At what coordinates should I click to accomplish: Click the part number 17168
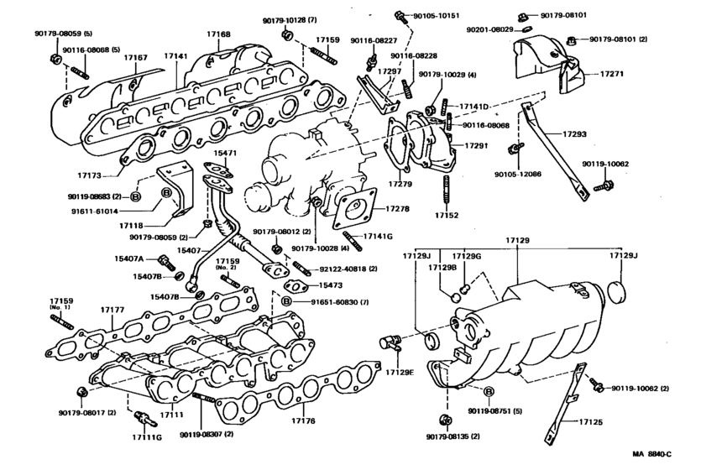pyautogui.click(x=218, y=34)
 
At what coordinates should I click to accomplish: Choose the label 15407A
pyautogui.click(x=128, y=258)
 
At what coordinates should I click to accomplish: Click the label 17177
pyautogui.click(x=112, y=310)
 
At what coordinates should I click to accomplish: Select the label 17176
pyautogui.click(x=304, y=420)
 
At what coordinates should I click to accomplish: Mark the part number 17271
pyautogui.click(x=612, y=74)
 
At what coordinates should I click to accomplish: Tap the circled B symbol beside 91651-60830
pyautogui.click(x=286, y=300)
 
